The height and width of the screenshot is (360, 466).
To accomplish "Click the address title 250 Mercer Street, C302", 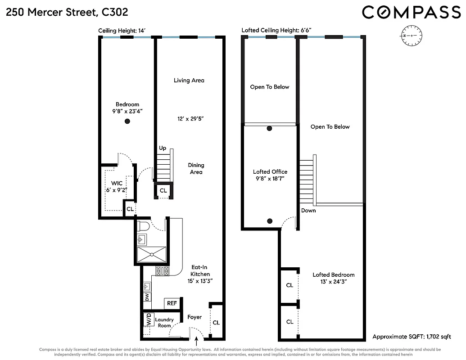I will click(67, 13).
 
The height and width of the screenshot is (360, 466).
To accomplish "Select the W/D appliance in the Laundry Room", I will click(148, 320).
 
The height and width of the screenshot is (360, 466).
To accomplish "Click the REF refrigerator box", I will click(172, 303).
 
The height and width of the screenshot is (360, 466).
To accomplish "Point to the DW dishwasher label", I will click(147, 297).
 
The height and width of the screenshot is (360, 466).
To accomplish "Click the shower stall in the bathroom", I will click(152, 254).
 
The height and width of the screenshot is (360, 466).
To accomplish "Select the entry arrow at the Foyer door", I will click(196, 344).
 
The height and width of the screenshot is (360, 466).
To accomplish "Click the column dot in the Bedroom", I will click(127, 121).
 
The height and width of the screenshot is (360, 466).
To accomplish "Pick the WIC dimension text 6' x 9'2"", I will click(117, 190).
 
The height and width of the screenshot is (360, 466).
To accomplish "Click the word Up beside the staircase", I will click(162, 148).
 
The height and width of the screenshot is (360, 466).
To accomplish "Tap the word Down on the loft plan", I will click(308, 211).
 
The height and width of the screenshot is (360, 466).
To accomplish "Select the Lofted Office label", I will click(270, 172).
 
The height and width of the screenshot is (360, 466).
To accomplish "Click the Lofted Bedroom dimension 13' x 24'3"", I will click(333, 282).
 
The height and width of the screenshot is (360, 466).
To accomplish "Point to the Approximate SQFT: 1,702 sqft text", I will click(412, 337).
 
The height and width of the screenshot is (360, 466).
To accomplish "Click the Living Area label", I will click(189, 81).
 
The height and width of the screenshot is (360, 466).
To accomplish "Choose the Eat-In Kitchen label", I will click(200, 271).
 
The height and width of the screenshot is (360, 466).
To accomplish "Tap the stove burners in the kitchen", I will click(162, 271).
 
